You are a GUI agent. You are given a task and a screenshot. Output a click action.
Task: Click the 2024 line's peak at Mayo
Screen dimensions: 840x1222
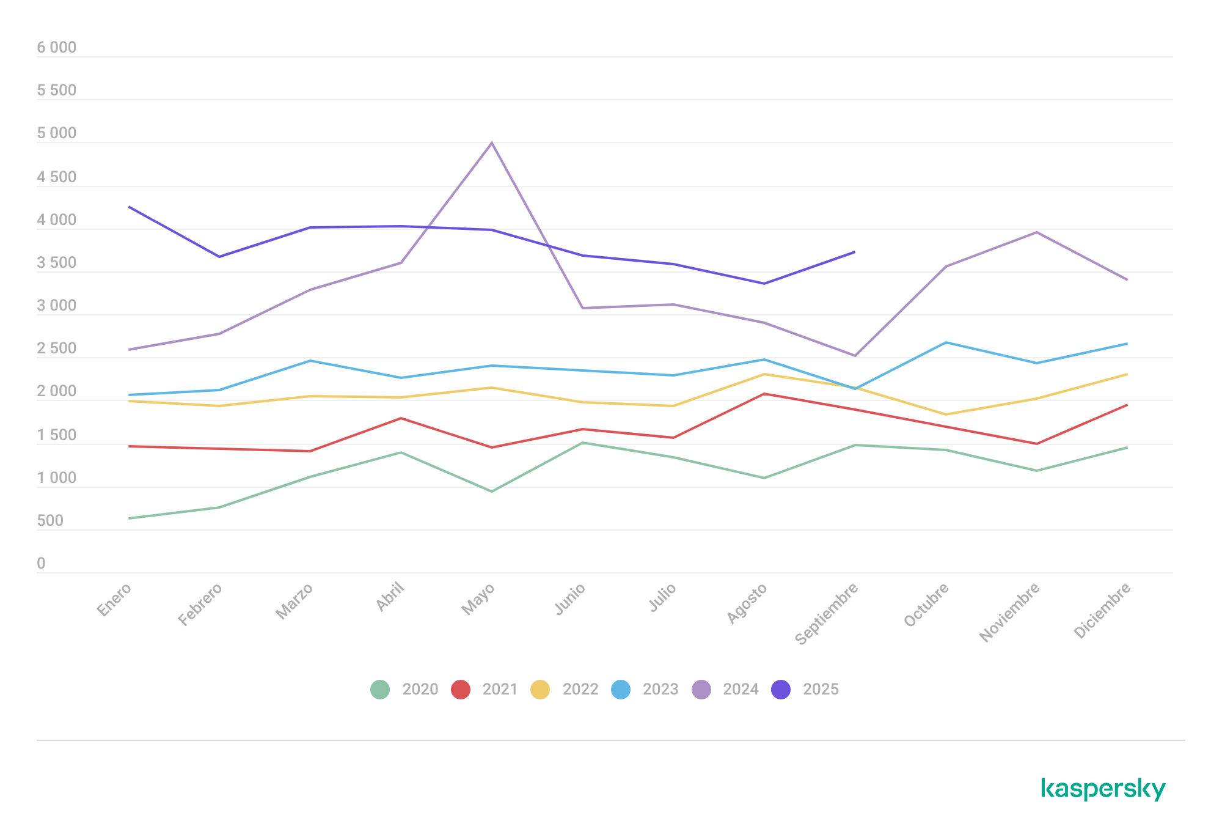(x=492, y=143)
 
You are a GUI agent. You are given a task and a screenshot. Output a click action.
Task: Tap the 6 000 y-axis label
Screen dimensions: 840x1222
(x=57, y=48)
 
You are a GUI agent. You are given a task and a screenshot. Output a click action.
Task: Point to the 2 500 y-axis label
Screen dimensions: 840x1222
(x=57, y=348)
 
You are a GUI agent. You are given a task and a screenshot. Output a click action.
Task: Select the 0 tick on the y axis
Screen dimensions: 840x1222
(x=41, y=564)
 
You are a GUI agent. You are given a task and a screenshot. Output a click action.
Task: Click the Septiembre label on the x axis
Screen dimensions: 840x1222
(x=827, y=613)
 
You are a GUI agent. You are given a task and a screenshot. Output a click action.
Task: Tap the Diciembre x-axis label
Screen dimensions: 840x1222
(x=1102, y=611)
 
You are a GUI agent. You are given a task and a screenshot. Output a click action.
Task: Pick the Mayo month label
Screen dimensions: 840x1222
(x=478, y=599)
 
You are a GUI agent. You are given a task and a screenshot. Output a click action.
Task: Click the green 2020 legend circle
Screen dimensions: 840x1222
(x=380, y=690)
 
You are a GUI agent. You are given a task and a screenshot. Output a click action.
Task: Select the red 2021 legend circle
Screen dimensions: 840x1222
(x=461, y=690)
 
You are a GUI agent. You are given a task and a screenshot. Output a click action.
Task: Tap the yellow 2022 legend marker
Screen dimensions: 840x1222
(x=540, y=690)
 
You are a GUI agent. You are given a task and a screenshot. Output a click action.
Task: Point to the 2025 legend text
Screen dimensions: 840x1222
(x=821, y=690)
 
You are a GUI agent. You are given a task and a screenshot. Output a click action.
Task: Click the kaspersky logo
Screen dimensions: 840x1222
(x=1103, y=789)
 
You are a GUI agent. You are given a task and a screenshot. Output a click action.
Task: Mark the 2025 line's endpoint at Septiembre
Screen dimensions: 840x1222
(x=854, y=252)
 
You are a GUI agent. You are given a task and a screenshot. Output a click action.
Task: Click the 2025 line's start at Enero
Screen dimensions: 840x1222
(x=130, y=207)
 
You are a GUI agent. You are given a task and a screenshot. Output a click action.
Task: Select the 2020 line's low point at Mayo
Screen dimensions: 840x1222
(x=492, y=492)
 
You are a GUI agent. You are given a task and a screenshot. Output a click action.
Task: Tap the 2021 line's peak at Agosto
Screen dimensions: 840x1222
(x=764, y=394)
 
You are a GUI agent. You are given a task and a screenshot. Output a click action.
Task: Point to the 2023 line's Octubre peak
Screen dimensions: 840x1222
(x=946, y=342)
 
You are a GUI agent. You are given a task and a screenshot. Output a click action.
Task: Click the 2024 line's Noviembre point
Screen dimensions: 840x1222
(x=1036, y=232)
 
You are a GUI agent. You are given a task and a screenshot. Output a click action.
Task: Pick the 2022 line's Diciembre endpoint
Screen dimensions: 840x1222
(x=1127, y=374)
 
